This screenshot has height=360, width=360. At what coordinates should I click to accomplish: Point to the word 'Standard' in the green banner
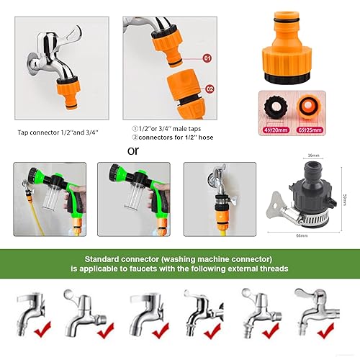coord(105,258)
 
